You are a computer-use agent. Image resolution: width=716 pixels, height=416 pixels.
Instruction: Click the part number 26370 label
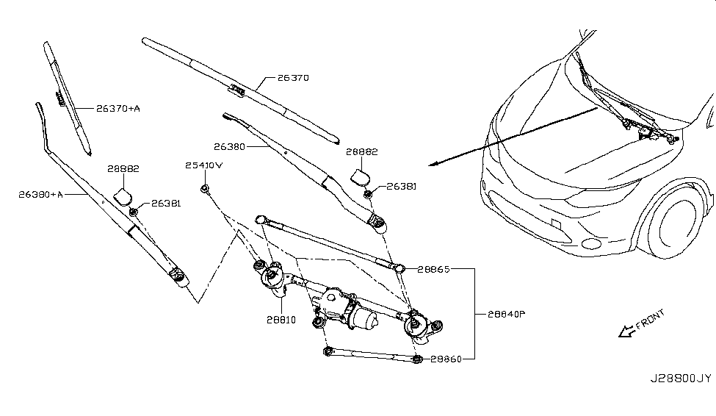[x=293, y=77]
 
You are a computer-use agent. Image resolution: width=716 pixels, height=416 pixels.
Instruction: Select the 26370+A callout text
[x=117, y=109]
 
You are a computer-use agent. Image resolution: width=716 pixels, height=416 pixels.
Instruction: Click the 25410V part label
[x=203, y=166]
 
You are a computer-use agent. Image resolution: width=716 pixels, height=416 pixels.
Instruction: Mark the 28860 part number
[x=446, y=359]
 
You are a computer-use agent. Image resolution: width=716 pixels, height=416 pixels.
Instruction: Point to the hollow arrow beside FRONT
[x=626, y=333]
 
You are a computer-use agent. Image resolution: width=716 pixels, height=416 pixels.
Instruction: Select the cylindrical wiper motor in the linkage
[x=362, y=318]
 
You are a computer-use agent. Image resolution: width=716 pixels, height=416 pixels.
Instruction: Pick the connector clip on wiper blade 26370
[x=237, y=90]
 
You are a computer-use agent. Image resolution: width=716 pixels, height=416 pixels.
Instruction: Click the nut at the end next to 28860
[x=416, y=359]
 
